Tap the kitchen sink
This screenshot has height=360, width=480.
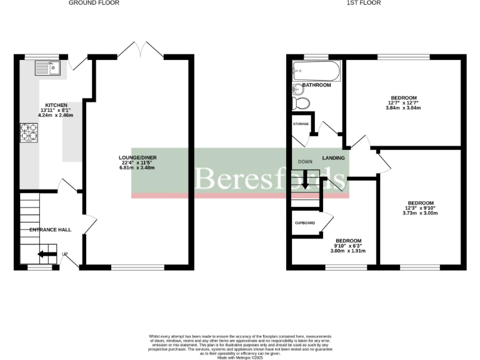[x=47, y=67]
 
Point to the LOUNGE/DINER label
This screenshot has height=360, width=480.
[x=137, y=157]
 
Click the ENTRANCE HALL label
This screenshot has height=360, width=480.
[x=51, y=230]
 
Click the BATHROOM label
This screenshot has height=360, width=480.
[x=317, y=85]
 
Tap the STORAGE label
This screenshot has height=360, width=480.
[x=301, y=124]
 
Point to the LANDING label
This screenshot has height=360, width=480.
[x=334, y=158]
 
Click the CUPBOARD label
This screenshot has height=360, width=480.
[x=304, y=223]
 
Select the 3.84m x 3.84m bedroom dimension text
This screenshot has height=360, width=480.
[x=404, y=108]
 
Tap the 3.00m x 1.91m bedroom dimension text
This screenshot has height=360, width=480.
[x=348, y=251]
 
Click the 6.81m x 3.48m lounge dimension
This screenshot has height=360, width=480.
[x=137, y=169]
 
